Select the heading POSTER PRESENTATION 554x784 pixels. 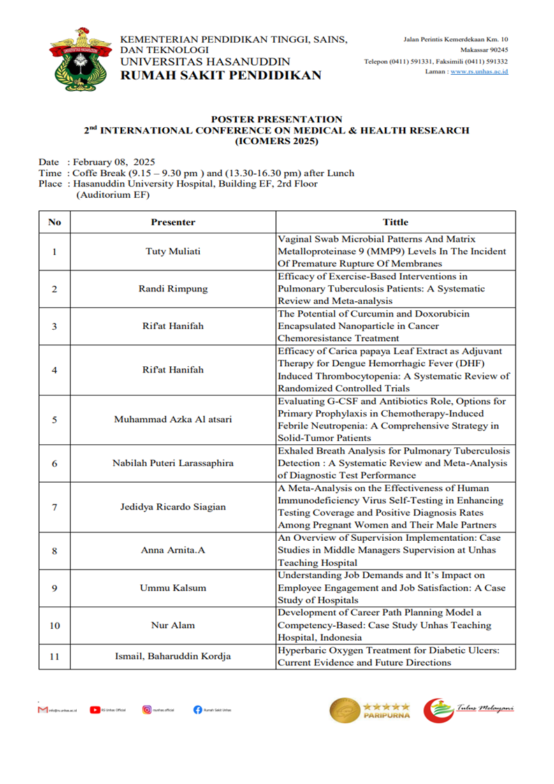(x=277, y=119)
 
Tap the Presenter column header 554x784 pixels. (x=173, y=222)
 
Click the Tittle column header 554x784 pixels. (x=395, y=222)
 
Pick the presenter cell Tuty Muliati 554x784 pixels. (x=173, y=252)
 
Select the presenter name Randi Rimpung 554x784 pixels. (x=173, y=289)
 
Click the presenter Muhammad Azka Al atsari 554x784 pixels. (x=173, y=420)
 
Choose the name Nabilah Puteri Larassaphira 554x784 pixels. (x=173, y=463)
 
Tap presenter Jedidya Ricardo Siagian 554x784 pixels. (x=173, y=507)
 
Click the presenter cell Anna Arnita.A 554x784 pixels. (x=173, y=550)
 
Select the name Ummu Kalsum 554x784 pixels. (x=173, y=588)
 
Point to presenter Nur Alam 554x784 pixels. (x=173, y=625)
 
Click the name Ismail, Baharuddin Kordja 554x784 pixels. (x=173, y=656)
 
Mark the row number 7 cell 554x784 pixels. (x=54, y=507)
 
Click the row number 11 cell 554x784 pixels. (x=54, y=656)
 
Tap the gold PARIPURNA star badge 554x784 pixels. (x=370, y=709)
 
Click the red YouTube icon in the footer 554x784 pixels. (x=94, y=710)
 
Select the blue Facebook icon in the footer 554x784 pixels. (x=198, y=710)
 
